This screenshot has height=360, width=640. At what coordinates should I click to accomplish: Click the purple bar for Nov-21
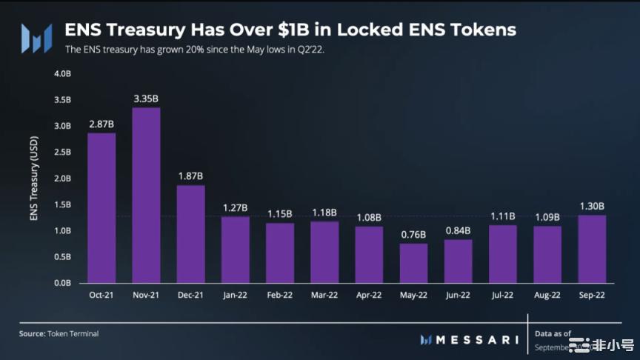coord(146,196)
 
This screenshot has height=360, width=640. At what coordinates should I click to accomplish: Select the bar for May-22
coord(413,263)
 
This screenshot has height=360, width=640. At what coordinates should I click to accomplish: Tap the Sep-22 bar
coord(592,249)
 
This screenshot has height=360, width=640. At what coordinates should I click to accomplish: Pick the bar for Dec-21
coord(190,234)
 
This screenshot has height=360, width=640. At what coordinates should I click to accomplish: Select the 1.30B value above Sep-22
coord(592,205)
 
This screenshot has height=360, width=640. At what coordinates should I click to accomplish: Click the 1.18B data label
coord(324,212)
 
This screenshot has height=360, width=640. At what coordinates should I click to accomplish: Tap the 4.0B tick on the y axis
coord(62,74)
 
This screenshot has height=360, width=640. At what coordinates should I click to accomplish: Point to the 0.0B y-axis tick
coord(62,283)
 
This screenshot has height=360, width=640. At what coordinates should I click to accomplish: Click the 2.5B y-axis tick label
coord(62,153)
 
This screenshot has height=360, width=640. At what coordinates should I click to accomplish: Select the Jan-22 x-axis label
coord(235,295)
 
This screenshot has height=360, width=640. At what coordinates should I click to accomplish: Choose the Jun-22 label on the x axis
coord(458,295)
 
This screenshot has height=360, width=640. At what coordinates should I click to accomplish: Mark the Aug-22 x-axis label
coord(547,295)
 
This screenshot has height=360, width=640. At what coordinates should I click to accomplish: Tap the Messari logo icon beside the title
coord(36,38)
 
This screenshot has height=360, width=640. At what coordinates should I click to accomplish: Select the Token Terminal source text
coord(72,334)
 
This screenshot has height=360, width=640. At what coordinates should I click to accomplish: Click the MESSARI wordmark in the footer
coord(474,339)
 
